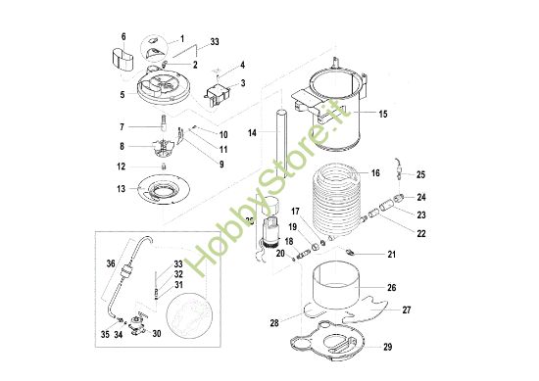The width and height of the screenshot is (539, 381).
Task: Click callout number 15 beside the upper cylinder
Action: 382,115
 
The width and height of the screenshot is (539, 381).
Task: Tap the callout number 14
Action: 252,131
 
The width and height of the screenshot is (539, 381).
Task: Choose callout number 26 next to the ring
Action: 391,288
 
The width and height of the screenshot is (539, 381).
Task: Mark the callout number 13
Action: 122,189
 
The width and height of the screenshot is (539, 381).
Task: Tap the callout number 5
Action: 122,95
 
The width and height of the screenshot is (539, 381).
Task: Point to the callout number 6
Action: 122,36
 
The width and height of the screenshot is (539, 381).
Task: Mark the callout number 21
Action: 393,255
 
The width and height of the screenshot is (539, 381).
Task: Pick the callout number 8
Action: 122,147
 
